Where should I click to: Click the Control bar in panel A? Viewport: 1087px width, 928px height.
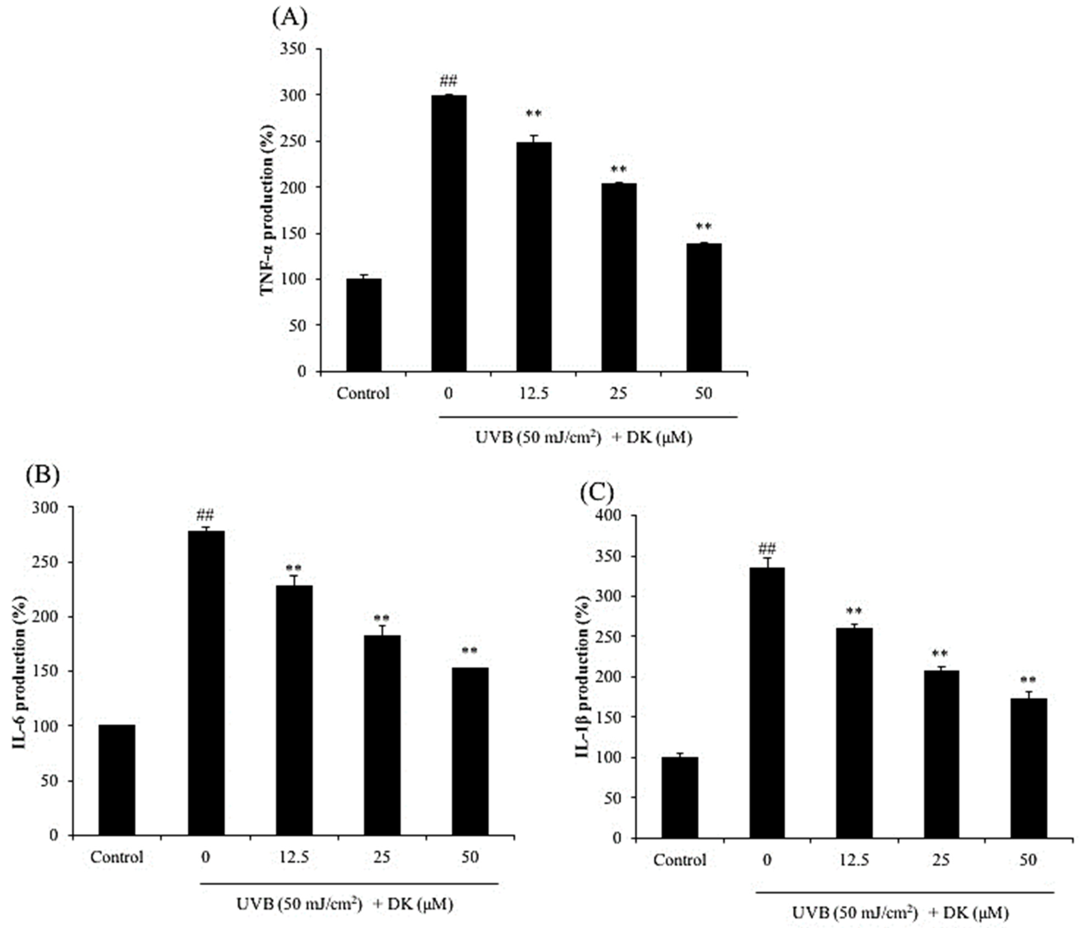tap(364, 325)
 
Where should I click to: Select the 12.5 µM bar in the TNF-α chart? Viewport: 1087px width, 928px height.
tap(533, 257)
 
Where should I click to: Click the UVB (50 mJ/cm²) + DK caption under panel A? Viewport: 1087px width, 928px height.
tap(583, 437)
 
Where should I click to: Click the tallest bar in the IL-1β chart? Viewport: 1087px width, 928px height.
tap(767, 703)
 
